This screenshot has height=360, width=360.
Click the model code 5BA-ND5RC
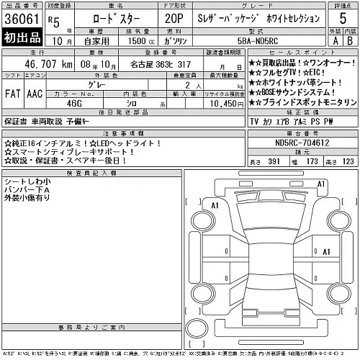tap(269, 42)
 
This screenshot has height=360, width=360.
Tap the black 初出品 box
tap(22, 38)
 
